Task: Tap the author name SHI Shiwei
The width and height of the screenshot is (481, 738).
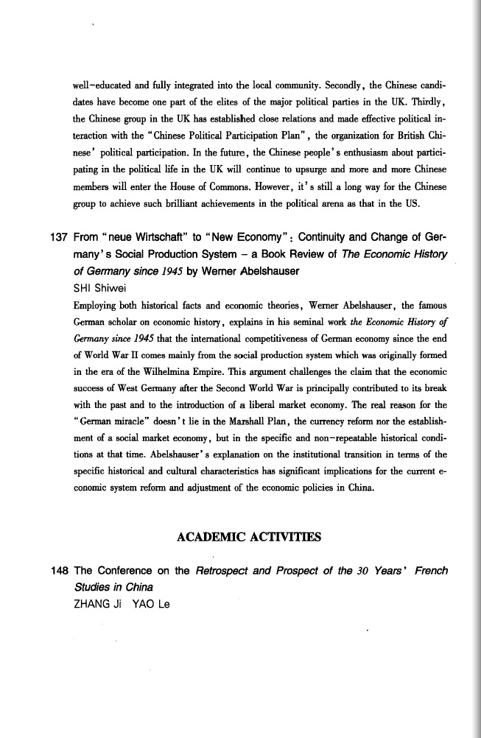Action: pos(95,288)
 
